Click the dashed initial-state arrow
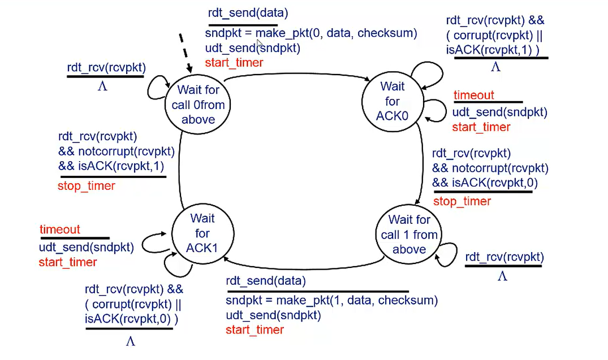(186, 53)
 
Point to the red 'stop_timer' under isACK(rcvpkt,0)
(462, 201)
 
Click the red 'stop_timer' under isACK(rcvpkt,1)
(86, 185)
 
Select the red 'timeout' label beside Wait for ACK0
(473, 95)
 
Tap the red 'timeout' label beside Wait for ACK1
(60, 229)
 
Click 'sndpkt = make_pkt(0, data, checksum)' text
(311, 33)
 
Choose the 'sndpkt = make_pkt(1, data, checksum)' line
(331, 300)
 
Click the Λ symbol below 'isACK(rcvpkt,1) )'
(495, 67)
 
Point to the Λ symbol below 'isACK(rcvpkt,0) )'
(130, 341)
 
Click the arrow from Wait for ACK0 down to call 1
(422, 163)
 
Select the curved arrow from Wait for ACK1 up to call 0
(179, 168)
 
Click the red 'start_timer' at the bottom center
(255, 330)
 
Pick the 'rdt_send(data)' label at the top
(248, 13)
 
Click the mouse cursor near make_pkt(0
(260, 43)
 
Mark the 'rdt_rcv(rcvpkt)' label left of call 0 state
(106, 67)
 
